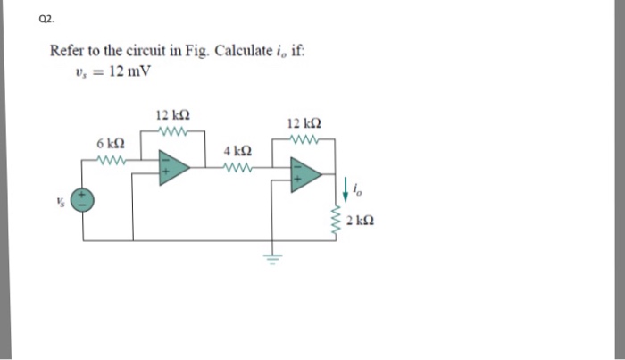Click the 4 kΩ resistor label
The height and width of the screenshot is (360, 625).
pyautogui.click(x=237, y=153)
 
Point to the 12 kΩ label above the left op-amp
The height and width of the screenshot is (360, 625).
pyautogui.click(x=170, y=115)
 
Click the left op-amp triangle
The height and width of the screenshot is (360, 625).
pyautogui.click(x=173, y=167)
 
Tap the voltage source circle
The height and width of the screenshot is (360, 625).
pyautogui.click(x=85, y=202)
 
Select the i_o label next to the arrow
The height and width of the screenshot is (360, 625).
pyautogui.click(x=359, y=188)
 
